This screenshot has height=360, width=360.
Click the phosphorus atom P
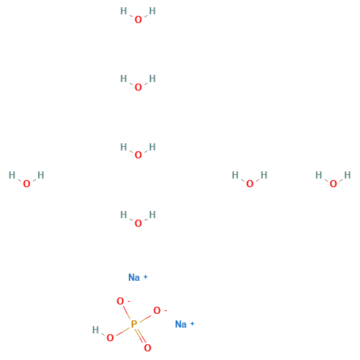point(134,324)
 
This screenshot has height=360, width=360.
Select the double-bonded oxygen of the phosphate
point(148,348)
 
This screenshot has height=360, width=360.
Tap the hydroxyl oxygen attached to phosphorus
point(110,338)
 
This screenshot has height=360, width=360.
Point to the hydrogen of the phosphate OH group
point(96,330)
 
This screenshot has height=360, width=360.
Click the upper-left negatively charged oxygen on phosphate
point(120,301)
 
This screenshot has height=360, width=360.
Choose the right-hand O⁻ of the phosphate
point(157,310)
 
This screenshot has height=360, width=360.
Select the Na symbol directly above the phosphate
point(134,277)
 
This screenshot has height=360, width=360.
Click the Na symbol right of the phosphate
point(181,324)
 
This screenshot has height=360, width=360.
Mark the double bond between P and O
point(140,336)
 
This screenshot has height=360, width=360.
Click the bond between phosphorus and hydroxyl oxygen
point(123,330)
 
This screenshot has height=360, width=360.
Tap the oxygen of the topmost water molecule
point(138,19)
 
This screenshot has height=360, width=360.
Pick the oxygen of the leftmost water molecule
point(27,184)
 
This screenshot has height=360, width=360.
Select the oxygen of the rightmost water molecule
point(333,184)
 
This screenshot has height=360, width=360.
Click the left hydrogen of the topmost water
point(124,11)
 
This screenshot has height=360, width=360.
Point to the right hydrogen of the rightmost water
point(348,175)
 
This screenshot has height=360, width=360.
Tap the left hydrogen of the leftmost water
point(12,175)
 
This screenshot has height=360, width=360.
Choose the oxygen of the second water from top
point(138,87)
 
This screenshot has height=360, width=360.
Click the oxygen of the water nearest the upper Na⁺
point(138,223)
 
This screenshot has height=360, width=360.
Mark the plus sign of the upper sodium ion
point(145,277)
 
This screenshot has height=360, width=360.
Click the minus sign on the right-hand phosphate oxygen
point(166,310)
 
